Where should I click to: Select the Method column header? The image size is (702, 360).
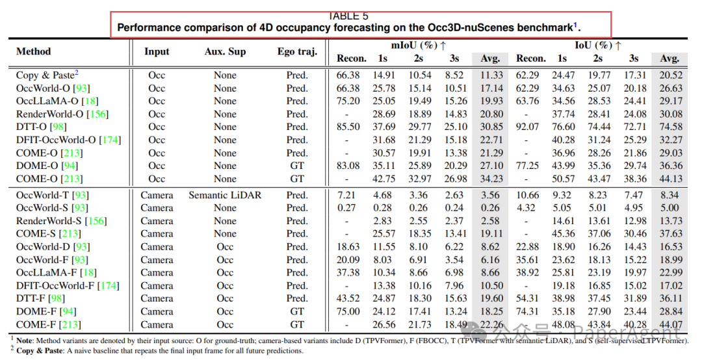click(33, 51)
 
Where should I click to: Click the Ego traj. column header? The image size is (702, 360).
click(297, 51)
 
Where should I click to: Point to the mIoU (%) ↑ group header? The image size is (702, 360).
click(419, 45)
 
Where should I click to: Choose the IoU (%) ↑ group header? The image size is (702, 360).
click(597, 45)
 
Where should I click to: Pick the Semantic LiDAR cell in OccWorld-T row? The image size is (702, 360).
click(225, 195)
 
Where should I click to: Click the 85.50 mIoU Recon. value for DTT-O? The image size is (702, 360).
click(348, 127)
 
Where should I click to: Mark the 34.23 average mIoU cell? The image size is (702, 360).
click(491, 179)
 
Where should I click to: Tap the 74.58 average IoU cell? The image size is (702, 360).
click(671, 127)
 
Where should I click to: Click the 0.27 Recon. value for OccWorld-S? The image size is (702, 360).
click(348, 208)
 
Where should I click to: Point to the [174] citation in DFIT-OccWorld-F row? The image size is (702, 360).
click(108, 286)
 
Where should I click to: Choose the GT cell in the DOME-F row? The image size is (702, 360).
click(297, 312)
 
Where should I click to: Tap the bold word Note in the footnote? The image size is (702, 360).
click(26, 340)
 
